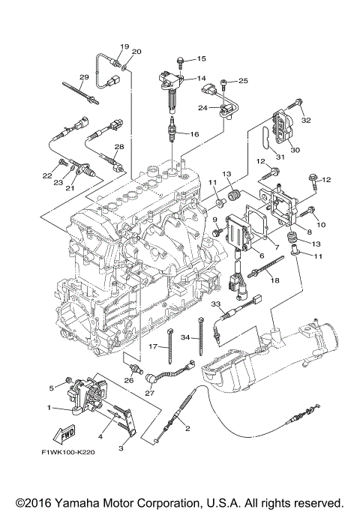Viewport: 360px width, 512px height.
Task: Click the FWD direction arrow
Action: point(64,435)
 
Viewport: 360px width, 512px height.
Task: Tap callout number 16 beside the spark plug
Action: point(194,134)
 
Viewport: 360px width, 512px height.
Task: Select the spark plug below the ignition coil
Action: point(172,130)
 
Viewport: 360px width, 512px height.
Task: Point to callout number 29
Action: point(84,77)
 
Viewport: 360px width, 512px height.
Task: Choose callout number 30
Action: point(295,150)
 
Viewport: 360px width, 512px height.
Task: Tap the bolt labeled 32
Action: point(295,104)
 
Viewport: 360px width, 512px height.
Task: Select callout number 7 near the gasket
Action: point(277,247)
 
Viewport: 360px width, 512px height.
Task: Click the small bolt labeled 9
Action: point(217,232)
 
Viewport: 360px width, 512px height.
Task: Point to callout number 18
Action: point(275,280)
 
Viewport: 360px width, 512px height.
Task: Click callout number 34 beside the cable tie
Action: point(185,337)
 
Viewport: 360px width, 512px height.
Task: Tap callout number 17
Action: point(153,346)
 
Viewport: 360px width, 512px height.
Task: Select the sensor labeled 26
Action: point(136,368)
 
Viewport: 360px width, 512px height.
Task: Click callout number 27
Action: point(149,393)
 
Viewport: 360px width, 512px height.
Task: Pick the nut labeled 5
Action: point(68,380)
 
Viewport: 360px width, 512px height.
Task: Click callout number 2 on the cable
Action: point(187,429)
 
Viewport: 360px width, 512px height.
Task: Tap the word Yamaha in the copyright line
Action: point(74,503)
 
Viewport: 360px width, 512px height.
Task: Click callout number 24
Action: point(202,108)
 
